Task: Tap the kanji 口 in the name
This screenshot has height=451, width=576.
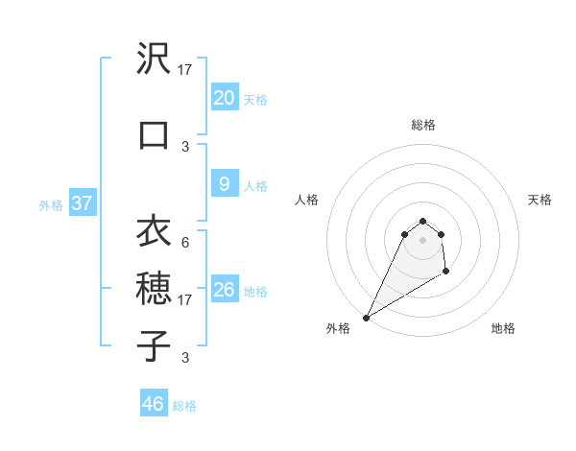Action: [154, 134]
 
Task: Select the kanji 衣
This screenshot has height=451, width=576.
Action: [154, 231]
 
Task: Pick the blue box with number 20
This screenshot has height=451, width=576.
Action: [224, 98]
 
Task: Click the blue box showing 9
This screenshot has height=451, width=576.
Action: [224, 185]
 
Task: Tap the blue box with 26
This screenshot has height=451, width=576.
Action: [224, 290]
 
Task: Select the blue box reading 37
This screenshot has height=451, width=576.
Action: [82, 203]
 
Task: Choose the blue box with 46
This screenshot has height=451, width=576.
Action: [154, 404]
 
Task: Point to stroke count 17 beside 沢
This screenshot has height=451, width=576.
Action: [186, 70]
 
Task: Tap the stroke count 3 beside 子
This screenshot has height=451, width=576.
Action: [185, 358]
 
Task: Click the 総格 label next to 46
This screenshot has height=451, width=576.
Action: [184, 406]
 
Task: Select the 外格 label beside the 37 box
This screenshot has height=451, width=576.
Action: [51, 204]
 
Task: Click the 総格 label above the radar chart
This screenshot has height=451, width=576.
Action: [422, 125]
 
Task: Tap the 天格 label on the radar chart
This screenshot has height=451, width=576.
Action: [540, 200]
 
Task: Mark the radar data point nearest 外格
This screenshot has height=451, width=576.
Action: [366, 318]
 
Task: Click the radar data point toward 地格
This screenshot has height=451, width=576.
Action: [446, 273]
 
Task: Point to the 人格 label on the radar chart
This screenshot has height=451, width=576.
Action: [306, 200]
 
